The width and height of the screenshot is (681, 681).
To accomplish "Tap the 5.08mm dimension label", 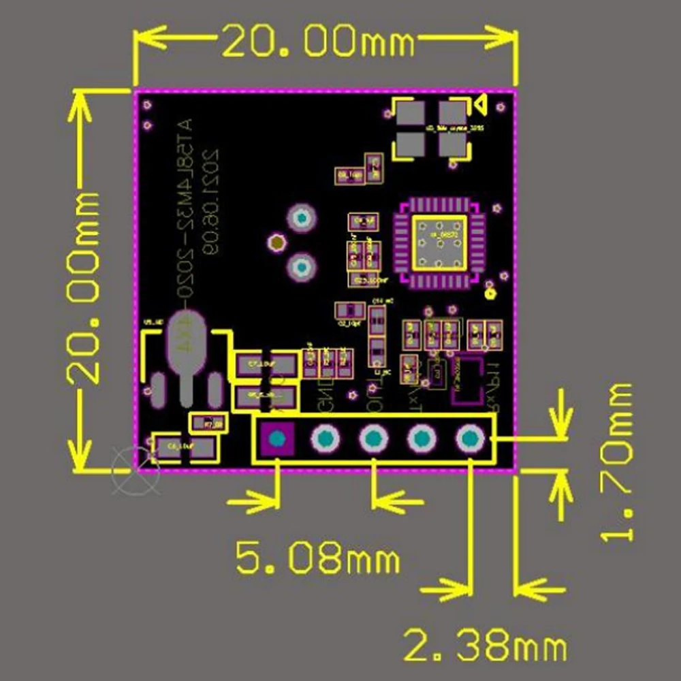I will coord(317,559).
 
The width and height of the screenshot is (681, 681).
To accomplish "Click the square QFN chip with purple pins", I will coord(439,242).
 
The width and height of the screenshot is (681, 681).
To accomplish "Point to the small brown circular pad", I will coord(276,241).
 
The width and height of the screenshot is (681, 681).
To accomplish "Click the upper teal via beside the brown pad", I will coord(300,218).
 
